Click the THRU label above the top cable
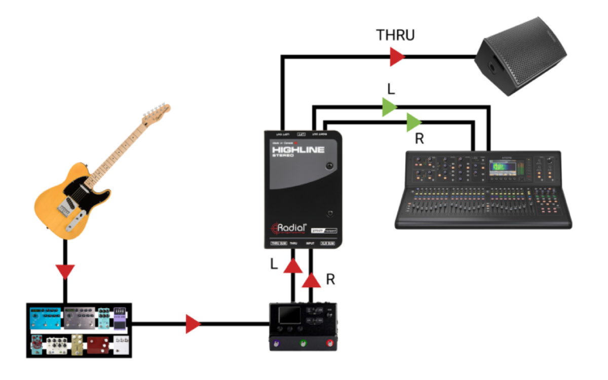coord(395,35)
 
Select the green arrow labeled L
coord(389,107)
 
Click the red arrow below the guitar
coord(65,272)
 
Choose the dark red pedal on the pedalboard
coord(98,345)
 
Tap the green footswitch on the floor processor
coord(303,343)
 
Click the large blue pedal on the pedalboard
coord(46,318)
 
